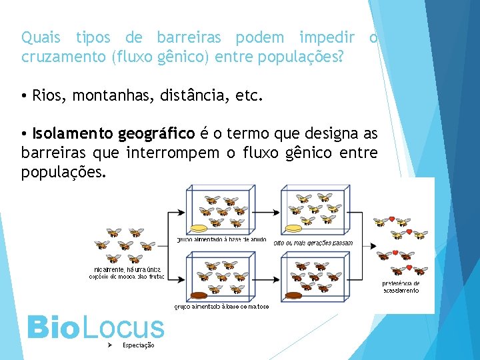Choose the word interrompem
point(172,153)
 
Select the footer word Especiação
point(139,345)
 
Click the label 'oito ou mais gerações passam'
point(313,243)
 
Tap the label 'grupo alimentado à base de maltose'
point(221,307)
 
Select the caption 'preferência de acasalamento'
point(401,287)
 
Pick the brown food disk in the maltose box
point(200,295)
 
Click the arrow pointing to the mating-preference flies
point(367,255)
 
